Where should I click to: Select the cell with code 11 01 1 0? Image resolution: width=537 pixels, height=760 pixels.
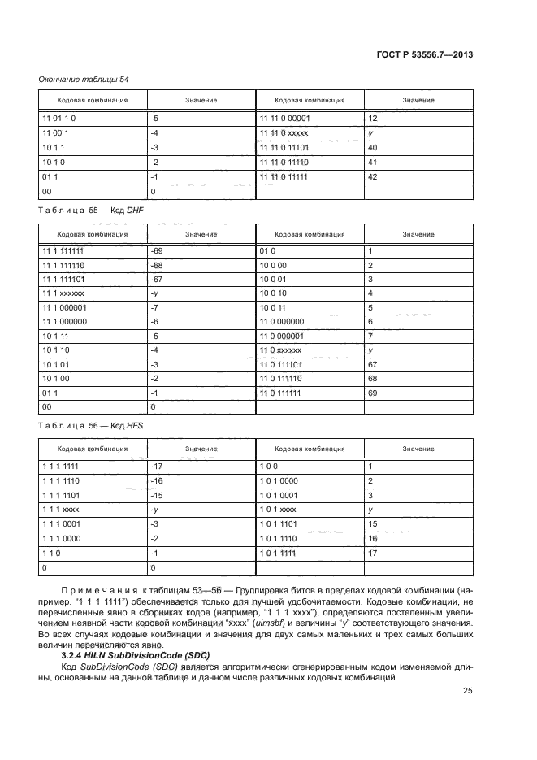click(x=58, y=118)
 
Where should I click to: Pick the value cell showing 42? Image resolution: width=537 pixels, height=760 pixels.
click(x=373, y=176)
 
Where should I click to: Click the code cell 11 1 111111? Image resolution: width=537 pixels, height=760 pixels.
click(x=62, y=252)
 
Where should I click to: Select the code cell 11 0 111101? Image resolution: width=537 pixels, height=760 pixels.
click(x=281, y=376)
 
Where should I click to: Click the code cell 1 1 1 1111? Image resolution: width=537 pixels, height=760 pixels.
click(x=58, y=467)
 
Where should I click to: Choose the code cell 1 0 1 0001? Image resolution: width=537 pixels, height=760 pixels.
click(x=279, y=495)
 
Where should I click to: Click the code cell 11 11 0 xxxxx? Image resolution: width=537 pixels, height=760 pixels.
click(x=284, y=132)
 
